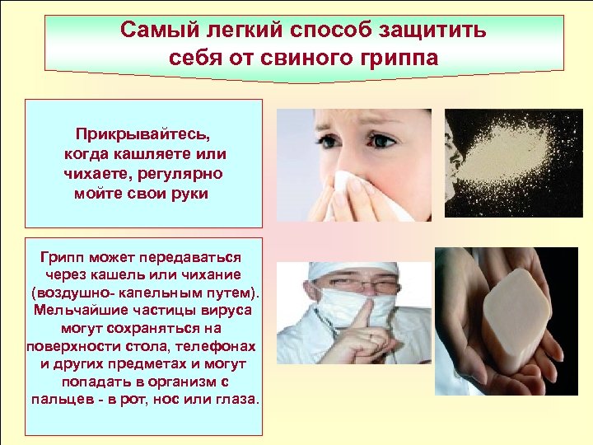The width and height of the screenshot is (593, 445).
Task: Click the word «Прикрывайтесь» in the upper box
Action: pyautogui.click(x=143, y=133)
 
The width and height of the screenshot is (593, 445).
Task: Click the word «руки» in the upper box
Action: pyautogui.click(x=189, y=194)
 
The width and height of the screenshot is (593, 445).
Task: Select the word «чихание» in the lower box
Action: pyautogui.click(x=216, y=274)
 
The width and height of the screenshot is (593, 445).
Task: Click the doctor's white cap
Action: pyautogui.click(x=346, y=267)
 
